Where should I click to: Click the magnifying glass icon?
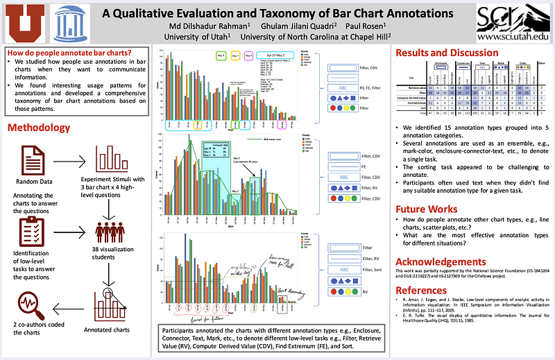(28, 303)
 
